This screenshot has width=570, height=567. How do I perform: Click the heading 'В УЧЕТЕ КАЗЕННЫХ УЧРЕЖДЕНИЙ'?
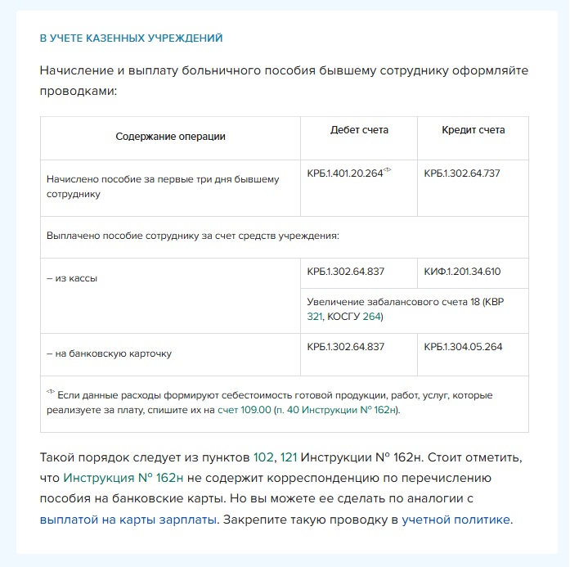(132, 38)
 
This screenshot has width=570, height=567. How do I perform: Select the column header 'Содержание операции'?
(170, 137)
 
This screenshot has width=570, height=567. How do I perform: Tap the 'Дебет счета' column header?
(359, 130)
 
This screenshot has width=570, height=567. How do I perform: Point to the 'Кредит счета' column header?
(473, 130)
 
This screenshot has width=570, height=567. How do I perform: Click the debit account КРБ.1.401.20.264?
(344, 173)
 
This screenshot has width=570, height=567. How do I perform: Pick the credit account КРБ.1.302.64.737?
(462, 173)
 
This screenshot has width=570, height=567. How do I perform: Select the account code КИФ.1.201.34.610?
(462, 272)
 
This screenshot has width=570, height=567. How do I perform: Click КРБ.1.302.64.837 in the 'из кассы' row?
(345, 272)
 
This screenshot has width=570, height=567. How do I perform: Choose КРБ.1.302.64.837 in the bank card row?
(345, 347)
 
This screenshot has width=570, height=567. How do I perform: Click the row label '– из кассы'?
(72, 279)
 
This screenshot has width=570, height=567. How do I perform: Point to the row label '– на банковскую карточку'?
(109, 354)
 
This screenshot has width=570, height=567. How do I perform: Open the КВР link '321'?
(315, 317)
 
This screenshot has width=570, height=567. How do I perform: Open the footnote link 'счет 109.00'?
(245, 409)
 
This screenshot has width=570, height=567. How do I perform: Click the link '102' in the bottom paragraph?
(263, 457)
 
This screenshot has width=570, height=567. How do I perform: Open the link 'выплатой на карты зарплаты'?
(128, 519)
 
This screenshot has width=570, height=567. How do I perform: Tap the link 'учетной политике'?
(456, 519)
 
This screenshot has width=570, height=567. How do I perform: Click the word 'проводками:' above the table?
(79, 91)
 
